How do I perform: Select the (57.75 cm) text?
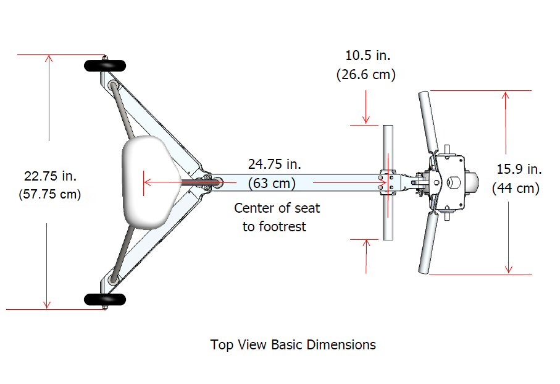pyautogui.click(x=49, y=194)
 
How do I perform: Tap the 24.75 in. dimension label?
pyautogui.click(x=274, y=164)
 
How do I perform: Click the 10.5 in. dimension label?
pyautogui.click(x=368, y=55)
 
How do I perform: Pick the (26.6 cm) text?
pyautogui.click(x=366, y=74)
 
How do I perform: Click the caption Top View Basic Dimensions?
pyautogui.click(x=293, y=344)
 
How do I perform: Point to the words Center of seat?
pyautogui.click(x=277, y=207)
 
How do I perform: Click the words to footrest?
pyautogui.click(x=274, y=226)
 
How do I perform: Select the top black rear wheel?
pyautogui.click(x=104, y=66)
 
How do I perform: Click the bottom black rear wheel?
pyautogui.click(x=104, y=300)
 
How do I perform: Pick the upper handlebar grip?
pyautogui.click(x=427, y=121)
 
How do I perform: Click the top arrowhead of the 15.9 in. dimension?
pyautogui.click(x=506, y=95)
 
